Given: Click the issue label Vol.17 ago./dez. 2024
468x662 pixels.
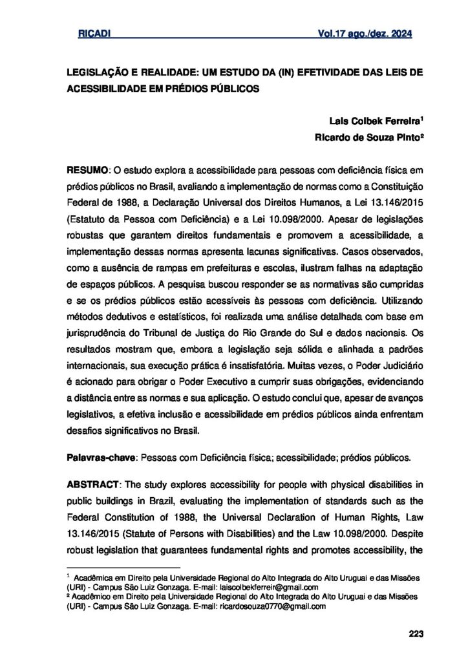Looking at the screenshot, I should pyautogui.click(x=365, y=34).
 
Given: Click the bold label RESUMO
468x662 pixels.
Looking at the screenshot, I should pyautogui.click(x=88, y=171).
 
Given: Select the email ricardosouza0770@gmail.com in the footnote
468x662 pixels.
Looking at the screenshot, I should pyautogui.click(x=273, y=607).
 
